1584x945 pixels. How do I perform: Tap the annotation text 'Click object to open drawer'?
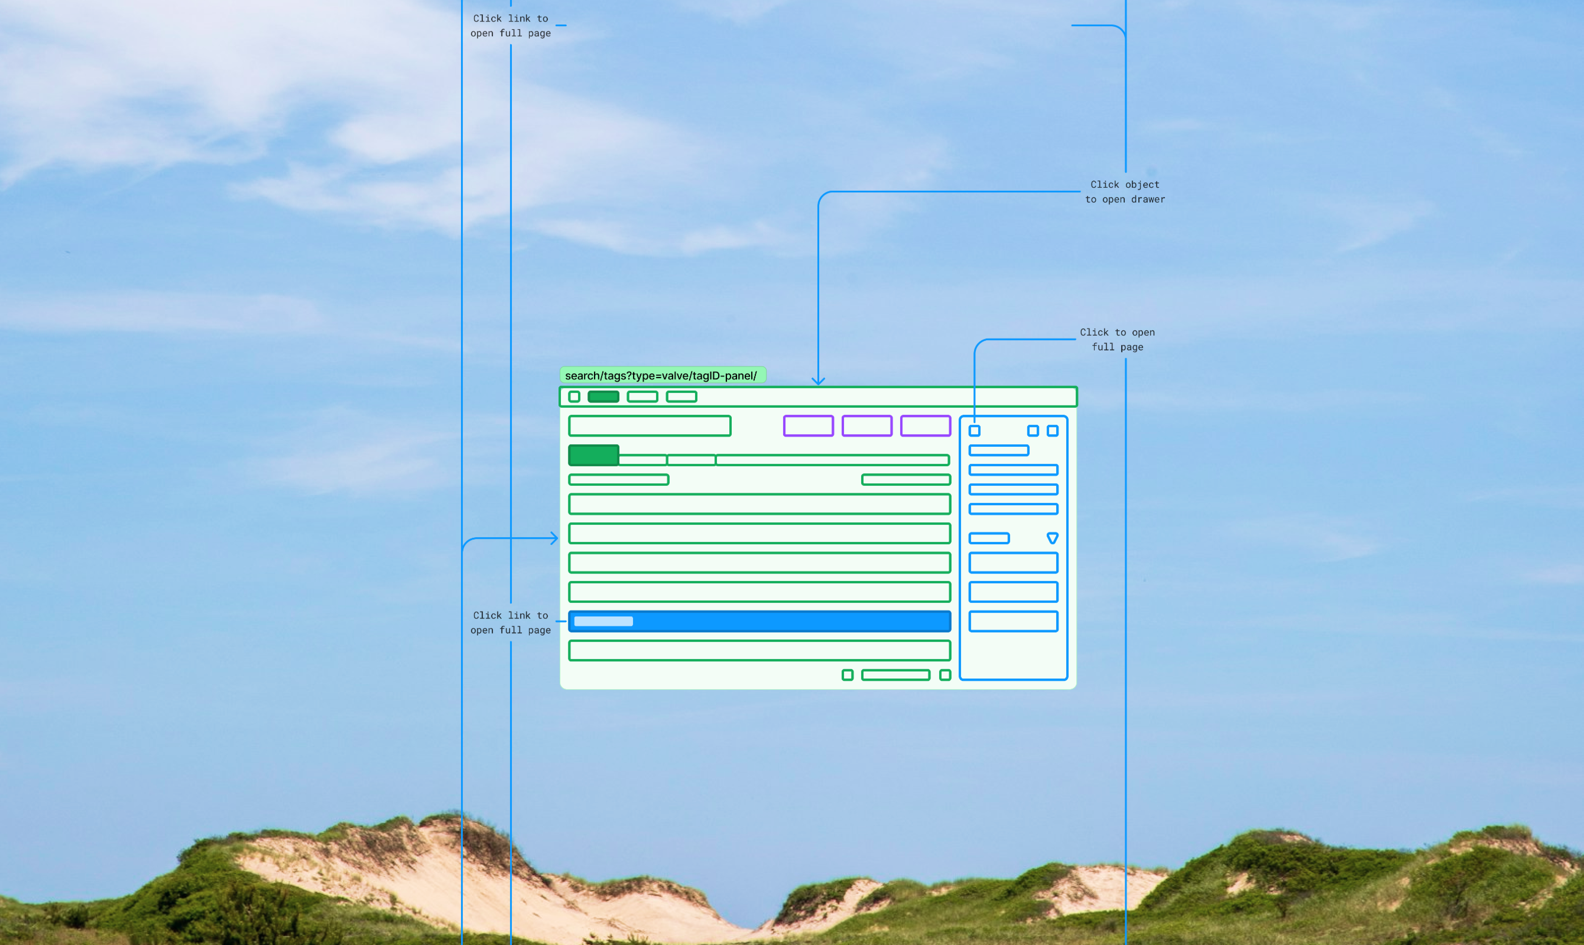pos(1124,192)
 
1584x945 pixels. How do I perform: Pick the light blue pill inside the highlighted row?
pos(603,621)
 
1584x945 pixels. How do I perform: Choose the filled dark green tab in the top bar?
pos(603,397)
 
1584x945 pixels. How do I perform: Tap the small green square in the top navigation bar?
pos(574,397)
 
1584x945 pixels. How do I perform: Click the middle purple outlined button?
pos(867,425)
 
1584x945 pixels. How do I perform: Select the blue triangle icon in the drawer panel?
pos(1053,538)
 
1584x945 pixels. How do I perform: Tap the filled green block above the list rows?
pos(593,455)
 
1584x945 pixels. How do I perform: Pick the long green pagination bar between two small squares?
pos(895,675)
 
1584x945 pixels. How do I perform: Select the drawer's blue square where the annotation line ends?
pos(974,431)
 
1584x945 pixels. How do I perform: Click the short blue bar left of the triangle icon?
pos(989,538)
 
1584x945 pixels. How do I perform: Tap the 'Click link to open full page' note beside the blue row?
pos(510,623)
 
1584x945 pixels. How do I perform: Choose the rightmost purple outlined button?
pos(925,425)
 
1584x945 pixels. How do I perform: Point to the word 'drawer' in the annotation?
pos(1148,199)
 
